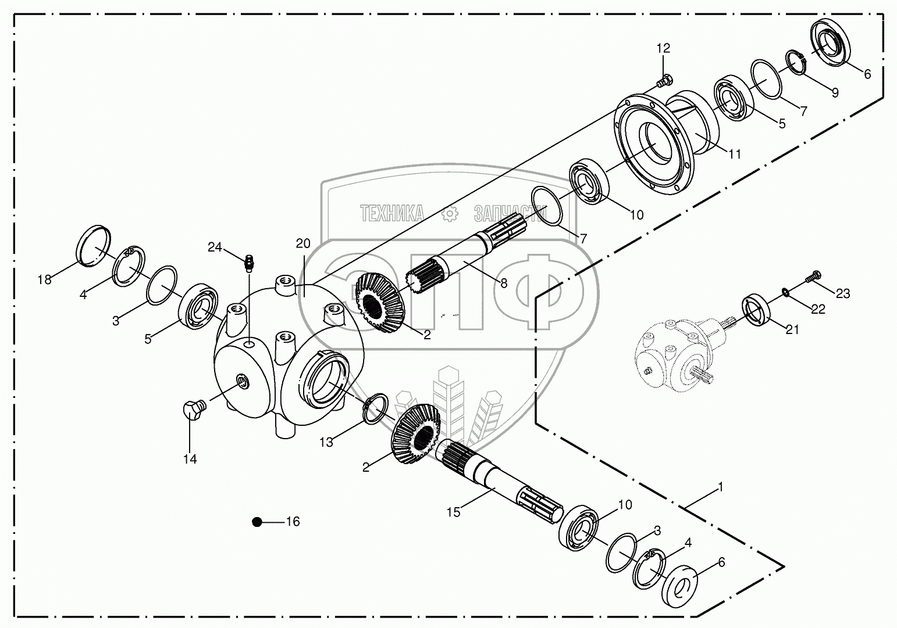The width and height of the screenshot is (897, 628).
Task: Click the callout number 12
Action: pyautogui.click(x=663, y=48)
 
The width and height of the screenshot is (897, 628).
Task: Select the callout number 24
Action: pyautogui.click(x=215, y=247)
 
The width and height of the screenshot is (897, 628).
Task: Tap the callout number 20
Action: pyautogui.click(x=303, y=243)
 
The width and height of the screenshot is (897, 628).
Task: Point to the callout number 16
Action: pyautogui.click(x=293, y=522)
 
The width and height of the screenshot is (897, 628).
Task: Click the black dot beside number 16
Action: pyautogui.click(x=257, y=522)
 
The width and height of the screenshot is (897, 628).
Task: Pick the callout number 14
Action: pyautogui.click(x=190, y=459)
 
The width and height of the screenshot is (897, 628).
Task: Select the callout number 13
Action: pyautogui.click(x=326, y=442)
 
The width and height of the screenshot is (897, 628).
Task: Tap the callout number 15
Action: pyautogui.click(x=453, y=512)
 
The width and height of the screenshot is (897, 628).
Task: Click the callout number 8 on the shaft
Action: pyautogui.click(x=503, y=284)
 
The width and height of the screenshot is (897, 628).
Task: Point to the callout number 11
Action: pyautogui.click(x=735, y=154)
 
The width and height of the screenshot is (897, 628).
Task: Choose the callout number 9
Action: pyautogui.click(x=835, y=92)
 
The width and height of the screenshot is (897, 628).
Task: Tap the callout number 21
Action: pyautogui.click(x=792, y=330)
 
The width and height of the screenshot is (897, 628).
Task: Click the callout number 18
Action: pyautogui.click(x=45, y=279)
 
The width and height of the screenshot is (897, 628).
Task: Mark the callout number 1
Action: pyautogui.click(x=721, y=488)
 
